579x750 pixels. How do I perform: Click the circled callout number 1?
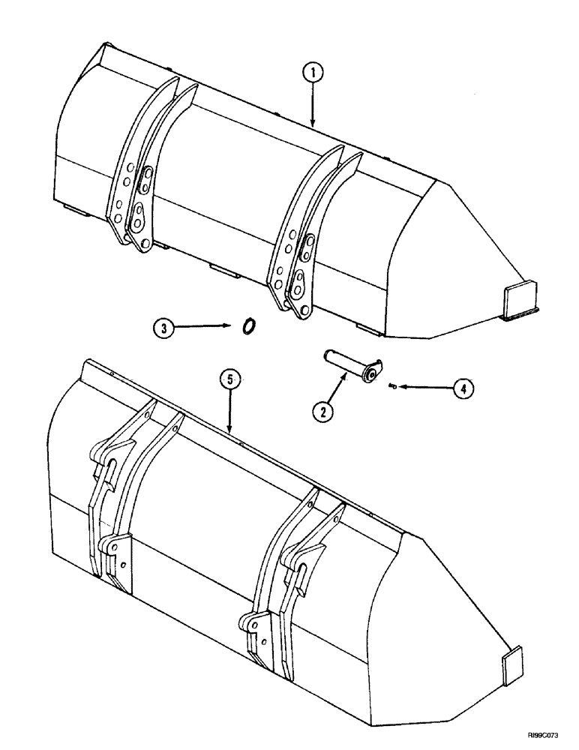(x=313, y=73)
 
